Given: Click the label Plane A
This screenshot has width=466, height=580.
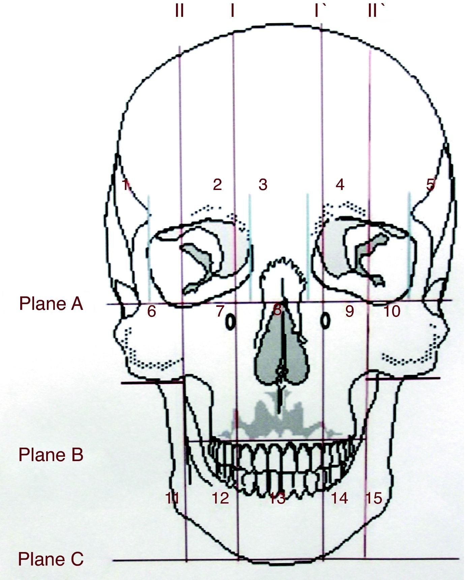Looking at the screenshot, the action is pyautogui.click(x=51, y=304).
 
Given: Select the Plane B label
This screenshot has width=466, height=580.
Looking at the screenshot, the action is pyautogui.click(x=51, y=455).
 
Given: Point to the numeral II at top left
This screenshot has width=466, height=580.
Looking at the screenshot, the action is pyautogui.click(x=179, y=11).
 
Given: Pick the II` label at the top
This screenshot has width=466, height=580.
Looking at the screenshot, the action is pyautogui.click(x=375, y=11).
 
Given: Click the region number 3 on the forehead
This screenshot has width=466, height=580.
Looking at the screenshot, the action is pyautogui.click(x=263, y=185).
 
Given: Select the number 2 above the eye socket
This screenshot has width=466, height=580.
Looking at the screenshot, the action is pyautogui.click(x=217, y=184).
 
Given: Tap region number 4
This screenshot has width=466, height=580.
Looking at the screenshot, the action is pyautogui.click(x=340, y=185).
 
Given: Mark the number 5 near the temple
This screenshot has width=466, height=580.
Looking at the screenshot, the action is pyautogui.click(x=431, y=185).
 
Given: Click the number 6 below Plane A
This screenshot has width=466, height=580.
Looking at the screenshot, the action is pyautogui.click(x=151, y=312).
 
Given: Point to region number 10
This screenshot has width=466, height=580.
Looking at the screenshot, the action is pyautogui.click(x=392, y=312).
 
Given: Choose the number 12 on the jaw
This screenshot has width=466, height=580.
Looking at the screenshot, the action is pyautogui.click(x=221, y=498).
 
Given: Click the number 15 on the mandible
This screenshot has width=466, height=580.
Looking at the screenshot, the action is pyautogui.click(x=374, y=498).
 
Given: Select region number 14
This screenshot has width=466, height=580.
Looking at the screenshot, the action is pyautogui.click(x=339, y=498).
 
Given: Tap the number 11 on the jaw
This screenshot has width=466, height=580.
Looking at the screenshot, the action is pyautogui.click(x=172, y=498).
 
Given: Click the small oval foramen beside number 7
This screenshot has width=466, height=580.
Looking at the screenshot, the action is pyautogui.click(x=230, y=321).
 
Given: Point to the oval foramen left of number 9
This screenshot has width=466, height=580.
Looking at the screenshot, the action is pyautogui.click(x=325, y=320).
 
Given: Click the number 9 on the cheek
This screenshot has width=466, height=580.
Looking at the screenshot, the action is pyautogui.click(x=350, y=312).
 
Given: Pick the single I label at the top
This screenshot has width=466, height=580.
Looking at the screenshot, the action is pyautogui.click(x=232, y=11).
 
